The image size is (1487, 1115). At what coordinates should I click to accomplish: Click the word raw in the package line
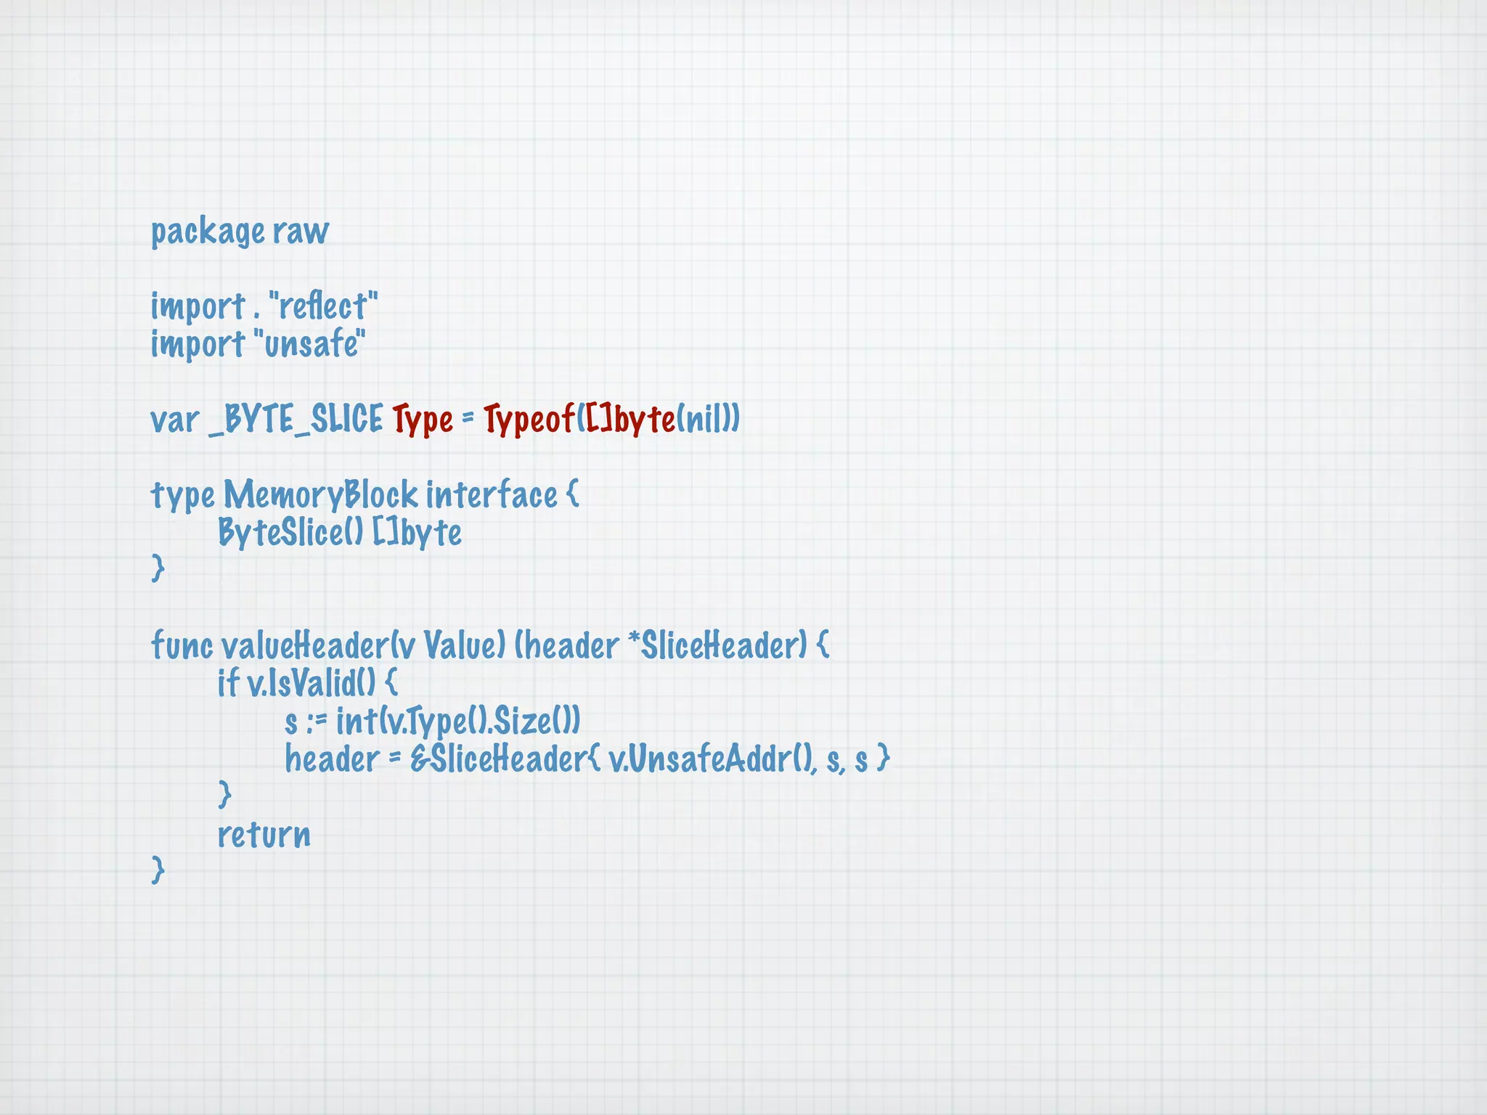pos(301,232)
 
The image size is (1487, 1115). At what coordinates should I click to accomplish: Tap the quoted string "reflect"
pos(323,306)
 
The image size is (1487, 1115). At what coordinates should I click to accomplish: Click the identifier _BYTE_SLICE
pos(296,420)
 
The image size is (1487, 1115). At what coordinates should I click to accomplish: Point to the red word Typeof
pos(529,420)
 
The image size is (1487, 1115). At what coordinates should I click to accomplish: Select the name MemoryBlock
pos(320,496)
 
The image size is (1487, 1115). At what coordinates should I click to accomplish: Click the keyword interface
pos(492,496)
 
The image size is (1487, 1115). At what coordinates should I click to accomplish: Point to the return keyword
pos(264,835)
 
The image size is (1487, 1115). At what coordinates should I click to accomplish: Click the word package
pos(208,232)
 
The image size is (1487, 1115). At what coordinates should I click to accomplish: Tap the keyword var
pos(174,420)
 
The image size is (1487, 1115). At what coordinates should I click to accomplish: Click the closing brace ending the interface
pos(158,568)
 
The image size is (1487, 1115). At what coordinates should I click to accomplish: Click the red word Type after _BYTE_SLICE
pos(423,420)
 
